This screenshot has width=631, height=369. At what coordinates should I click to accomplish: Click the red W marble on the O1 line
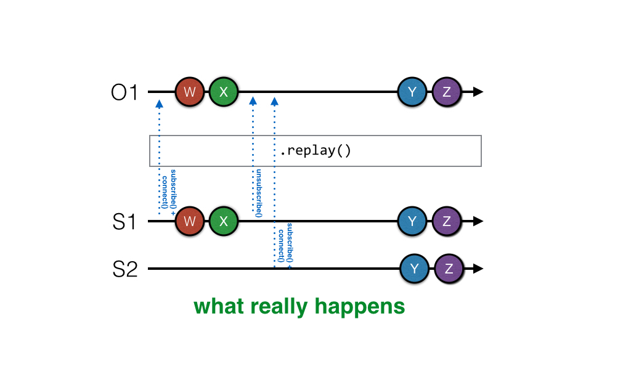pyautogui.click(x=190, y=92)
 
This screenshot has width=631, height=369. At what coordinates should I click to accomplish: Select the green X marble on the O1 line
pyautogui.click(x=224, y=92)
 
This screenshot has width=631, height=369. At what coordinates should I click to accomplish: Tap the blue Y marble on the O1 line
pyautogui.click(x=412, y=92)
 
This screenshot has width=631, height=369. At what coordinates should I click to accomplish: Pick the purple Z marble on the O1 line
pyautogui.click(x=446, y=92)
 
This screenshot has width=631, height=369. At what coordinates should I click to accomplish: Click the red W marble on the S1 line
pyautogui.click(x=190, y=221)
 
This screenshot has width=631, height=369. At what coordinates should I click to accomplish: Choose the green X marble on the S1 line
pyautogui.click(x=224, y=221)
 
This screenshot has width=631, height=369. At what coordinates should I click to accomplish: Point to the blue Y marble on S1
pyautogui.click(x=412, y=221)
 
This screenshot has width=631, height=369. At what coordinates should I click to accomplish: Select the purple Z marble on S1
pyautogui.click(x=446, y=221)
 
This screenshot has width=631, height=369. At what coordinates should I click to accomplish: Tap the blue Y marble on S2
pyautogui.click(x=415, y=269)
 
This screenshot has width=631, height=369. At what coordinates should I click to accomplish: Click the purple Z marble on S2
pyautogui.click(x=449, y=269)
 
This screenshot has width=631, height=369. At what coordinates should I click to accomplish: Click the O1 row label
pyautogui.click(x=125, y=93)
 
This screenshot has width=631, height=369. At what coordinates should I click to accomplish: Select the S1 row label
pyautogui.click(x=125, y=221)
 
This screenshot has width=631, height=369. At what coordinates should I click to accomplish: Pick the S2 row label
pyautogui.click(x=125, y=269)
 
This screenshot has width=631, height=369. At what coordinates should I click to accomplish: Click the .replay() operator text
pyautogui.click(x=315, y=151)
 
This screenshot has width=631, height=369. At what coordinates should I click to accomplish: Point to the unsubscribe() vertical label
pyautogui.click(x=259, y=192)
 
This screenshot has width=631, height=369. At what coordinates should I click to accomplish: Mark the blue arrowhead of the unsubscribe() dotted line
pyautogui.click(x=253, y=100)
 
